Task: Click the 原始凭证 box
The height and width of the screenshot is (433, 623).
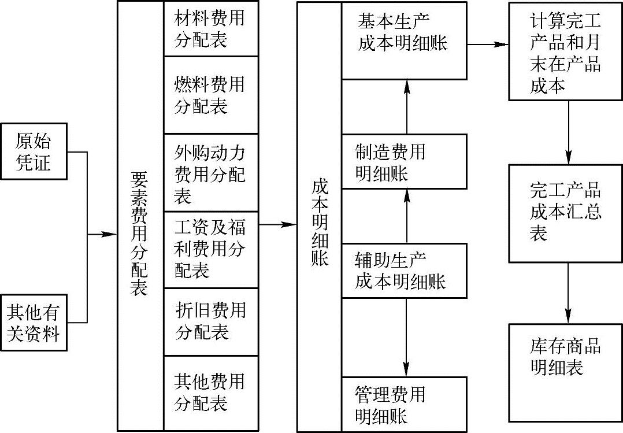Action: tap(34, 151)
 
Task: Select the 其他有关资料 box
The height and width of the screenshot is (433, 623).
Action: tap(34, 323)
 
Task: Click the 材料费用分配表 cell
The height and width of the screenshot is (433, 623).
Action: tap(210, 28)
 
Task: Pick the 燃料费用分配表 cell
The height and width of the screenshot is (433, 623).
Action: tap(210, 95)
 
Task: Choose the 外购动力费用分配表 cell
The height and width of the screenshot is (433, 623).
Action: tap(210, 173)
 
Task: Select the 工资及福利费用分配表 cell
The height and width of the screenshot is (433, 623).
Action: tap(210, 249)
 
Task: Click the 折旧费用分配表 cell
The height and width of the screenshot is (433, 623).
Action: tap(210, 321)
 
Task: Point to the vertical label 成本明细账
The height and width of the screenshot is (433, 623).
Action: tap(319, 223)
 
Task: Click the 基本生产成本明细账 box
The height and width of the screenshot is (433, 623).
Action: tap(403, 40)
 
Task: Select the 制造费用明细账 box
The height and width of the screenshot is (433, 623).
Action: tap(403, 162)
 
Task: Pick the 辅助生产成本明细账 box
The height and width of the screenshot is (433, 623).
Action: tap(403, 271)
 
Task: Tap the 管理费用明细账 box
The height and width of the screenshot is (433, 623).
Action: tap(403, 404)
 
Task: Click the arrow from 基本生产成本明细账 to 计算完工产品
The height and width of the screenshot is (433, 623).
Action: tap(488, 44)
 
